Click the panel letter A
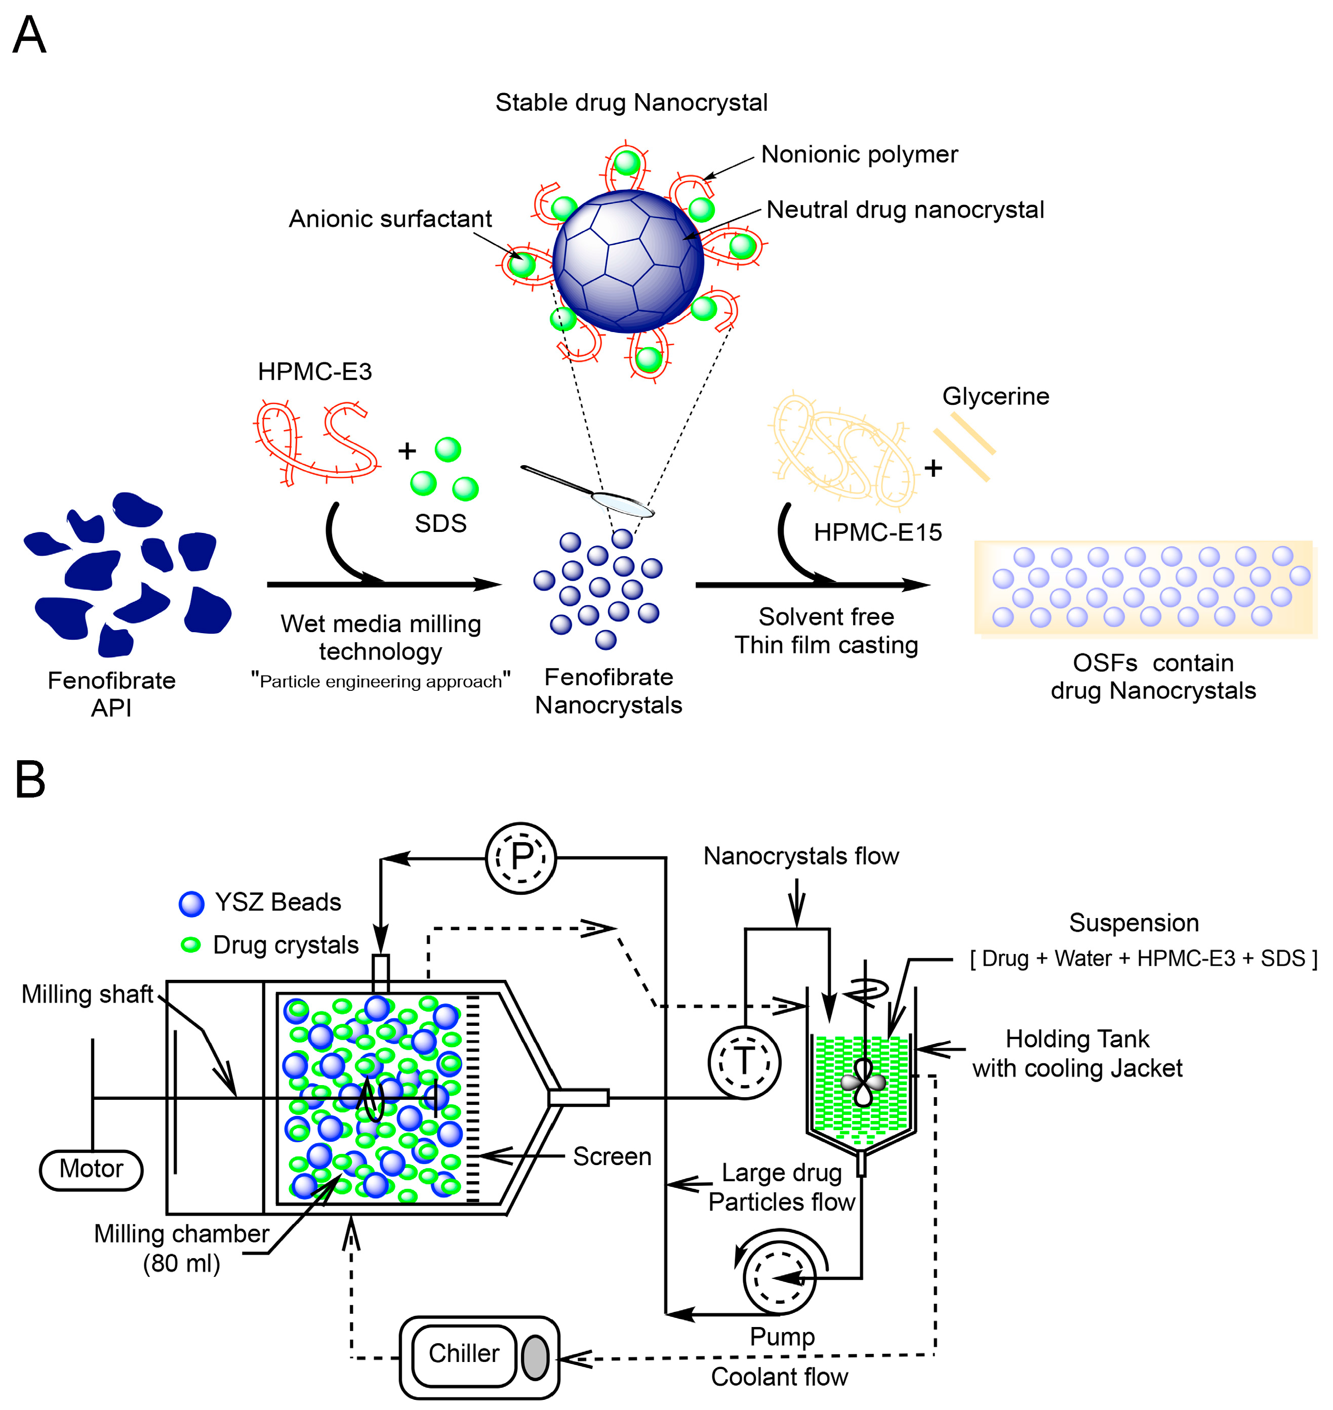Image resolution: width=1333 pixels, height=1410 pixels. click(29, 35)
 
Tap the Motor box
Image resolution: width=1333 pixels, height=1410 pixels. click(91, 1169)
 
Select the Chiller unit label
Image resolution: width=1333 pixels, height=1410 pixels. click(463, 1353)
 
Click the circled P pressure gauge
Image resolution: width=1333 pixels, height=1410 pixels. click(521, 857)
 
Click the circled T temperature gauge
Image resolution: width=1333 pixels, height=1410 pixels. click(744, 1063)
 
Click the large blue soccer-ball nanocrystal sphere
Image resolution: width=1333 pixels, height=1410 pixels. click(628, 261)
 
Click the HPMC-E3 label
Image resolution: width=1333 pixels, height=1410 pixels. click(315, 371)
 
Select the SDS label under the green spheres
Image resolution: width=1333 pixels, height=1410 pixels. click(440, 523)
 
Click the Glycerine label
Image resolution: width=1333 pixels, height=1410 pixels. click(995, 396)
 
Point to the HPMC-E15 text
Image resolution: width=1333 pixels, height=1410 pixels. click(877, 532)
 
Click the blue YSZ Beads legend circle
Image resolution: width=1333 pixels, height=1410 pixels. click(192, 903)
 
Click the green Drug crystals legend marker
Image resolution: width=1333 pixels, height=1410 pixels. click(190, 945)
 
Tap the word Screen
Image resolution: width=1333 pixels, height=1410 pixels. click(612, 1156)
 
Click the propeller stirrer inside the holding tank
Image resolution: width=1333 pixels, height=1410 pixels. click(863, 1083)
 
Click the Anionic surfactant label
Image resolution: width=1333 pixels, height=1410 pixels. click(390, 219)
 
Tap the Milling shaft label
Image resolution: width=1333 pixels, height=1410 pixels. click(88, 994)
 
